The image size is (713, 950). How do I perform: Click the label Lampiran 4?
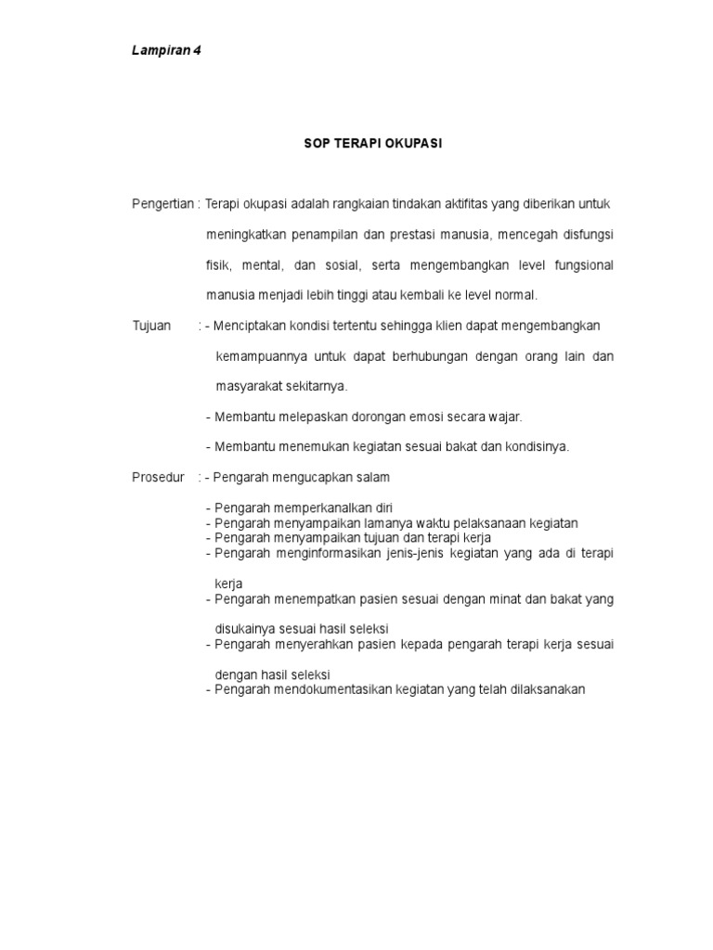(166, 51)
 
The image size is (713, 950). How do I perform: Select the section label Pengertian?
(162, 203)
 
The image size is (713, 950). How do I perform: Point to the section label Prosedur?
(159, 477)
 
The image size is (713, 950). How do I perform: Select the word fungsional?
(577, 264)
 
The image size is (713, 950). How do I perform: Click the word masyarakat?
(246, 386)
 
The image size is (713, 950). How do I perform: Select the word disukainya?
(245, 629)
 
